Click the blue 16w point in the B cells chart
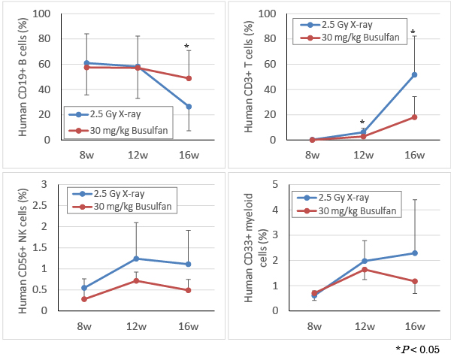tap(188, 107)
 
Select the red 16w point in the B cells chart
tap(188, 78)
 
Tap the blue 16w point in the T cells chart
tap(413, 74)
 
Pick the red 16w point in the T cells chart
tap(413, 116)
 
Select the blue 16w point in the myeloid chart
tap(413, 253)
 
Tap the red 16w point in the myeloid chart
tap(413, 281)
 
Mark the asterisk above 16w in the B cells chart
tap(187, 47)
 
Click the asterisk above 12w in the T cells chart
tap(362, 123)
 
